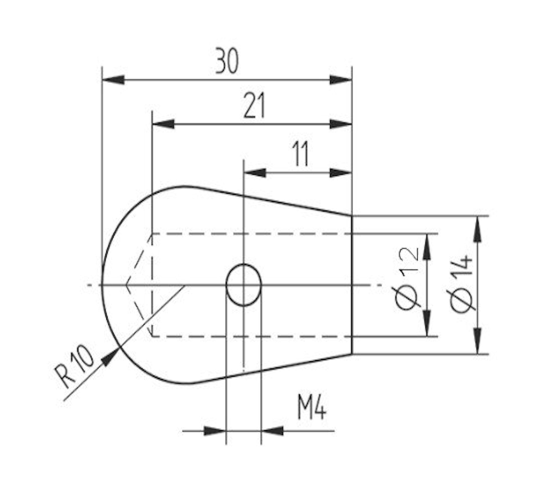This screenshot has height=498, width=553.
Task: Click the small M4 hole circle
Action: coord(243,285)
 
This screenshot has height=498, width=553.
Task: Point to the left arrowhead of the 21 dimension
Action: coord(163,124)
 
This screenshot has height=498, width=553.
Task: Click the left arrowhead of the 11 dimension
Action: coord(254,173)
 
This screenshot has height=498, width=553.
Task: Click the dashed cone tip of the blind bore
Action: coord(127,285)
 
